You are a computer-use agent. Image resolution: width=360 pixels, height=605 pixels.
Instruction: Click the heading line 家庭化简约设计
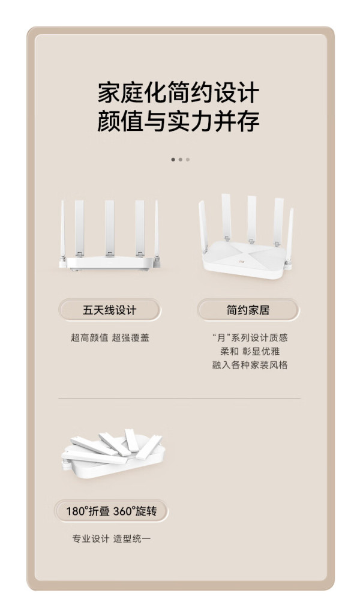pyautogui.click(x=178, y=92)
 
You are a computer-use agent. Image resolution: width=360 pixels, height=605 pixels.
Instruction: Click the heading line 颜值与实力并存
pyautogui.click(x=178, y=121)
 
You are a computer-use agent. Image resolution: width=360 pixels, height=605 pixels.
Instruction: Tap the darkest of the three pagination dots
pyautogui.click(x=173, y=160)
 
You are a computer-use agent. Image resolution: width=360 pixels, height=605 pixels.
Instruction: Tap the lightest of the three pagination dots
pyautogui.click(x=188, y=160)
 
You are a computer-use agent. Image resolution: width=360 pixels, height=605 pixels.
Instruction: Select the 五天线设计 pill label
pyautogui.click(x=110, y=310)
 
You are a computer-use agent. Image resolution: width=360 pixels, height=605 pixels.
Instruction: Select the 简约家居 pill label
pyautogui.click(x=248, y=310)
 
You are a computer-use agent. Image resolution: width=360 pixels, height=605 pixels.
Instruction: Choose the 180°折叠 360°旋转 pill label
pyautogui.click(x=111, y=511)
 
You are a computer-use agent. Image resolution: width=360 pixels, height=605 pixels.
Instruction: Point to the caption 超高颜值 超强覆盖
pyautogui.click(x=110, y=338)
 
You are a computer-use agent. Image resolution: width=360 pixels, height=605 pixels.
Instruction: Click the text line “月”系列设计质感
pyautogui.click(x=250, y=338)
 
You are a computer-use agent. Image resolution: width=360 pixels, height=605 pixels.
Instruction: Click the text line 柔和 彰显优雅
pyautogui.click(x=250, y=352)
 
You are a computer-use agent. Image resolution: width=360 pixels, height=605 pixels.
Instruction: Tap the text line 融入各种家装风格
pyautogui.click(x=250, y=365)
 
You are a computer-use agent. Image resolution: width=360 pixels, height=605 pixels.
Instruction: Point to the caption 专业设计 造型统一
pyautogui.click(x=112, y=538)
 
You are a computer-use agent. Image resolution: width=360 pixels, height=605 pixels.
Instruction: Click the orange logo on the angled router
pyautogui.click(x=242, y=261)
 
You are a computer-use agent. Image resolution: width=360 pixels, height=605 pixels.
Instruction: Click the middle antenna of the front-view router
pyautogui.click(x=110, y=227)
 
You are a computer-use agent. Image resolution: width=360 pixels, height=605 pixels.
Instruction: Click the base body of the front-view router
pyautogui.click(x=110, y=263)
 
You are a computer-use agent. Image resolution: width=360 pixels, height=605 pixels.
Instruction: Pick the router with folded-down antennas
pyautogui.click(x=113, y=453)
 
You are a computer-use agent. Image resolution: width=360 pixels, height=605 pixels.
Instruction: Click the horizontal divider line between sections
pyautogui.click(x=179, y=398)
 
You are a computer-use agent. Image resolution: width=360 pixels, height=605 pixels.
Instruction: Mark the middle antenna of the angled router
pyautogui.click(x=251, y=219)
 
